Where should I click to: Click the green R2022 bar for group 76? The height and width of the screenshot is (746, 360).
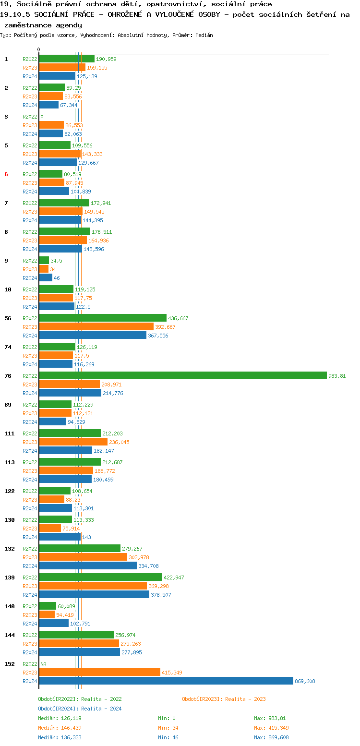(182, 376)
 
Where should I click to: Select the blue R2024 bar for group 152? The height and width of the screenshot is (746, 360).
(166, 681)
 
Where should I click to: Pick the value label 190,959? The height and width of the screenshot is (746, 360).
(106, 59)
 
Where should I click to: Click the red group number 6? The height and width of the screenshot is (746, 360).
(6, 174)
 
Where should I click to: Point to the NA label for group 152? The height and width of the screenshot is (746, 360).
(43, 664)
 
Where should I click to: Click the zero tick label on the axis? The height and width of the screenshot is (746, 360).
(39, 49)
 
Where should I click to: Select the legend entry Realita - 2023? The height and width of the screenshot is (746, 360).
(224, 699)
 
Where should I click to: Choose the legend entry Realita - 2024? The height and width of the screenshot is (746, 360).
(80, 709)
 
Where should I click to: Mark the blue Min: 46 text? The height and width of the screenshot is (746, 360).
(168, 737)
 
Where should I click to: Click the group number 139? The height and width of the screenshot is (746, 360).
(10, 578)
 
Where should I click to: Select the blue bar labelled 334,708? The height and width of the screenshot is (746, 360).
(88, 566)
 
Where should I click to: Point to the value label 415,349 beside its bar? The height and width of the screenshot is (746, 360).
(172, 673)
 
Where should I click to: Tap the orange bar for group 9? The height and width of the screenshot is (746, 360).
(44, 269)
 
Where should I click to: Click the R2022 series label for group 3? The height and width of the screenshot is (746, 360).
(30, 117)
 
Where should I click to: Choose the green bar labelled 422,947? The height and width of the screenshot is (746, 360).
(100, 578)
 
